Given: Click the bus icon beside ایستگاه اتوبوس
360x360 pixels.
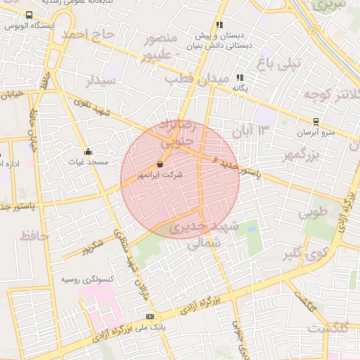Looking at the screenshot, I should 29,15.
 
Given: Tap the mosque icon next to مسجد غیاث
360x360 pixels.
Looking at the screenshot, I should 87,151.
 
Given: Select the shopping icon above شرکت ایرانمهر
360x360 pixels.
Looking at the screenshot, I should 160,165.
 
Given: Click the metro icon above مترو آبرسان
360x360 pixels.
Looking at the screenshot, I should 316,122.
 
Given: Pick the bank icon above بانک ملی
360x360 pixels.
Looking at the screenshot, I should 148,316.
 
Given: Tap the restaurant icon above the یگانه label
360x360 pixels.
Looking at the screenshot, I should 240,78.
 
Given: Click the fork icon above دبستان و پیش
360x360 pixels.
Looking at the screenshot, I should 219,25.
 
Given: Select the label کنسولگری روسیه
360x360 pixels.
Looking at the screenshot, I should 67,279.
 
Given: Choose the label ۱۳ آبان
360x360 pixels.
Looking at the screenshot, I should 254,130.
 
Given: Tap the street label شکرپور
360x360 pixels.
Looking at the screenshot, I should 91,248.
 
